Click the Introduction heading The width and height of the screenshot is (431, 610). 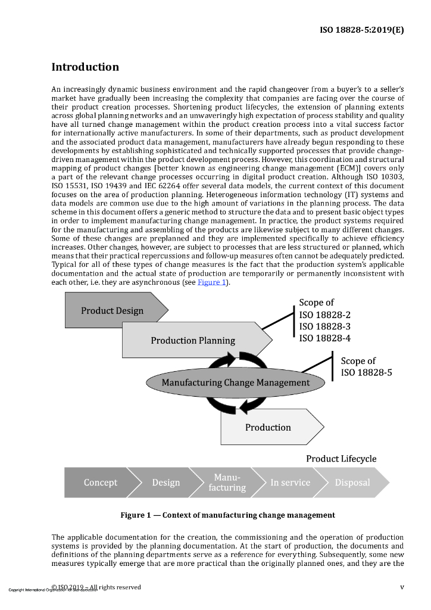click(85, 67)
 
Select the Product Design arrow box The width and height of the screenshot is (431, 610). click(113, 311)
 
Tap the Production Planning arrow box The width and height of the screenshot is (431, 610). click(193, 341)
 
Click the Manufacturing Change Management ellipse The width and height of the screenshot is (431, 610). click(228, 382)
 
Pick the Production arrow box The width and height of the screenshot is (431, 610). click(268, 427)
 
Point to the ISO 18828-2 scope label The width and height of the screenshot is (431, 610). click(324, 315)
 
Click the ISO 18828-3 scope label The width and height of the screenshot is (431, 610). click(324, 326)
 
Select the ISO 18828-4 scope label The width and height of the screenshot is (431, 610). click(324, 338)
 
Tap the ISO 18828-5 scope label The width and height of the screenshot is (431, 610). click(366, 373)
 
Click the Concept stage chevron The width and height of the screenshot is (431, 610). click(101, 483)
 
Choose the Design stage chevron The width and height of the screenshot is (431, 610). click(166, 483)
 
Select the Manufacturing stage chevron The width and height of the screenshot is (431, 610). click(227, 483)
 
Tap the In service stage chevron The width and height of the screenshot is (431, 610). click(290, 483)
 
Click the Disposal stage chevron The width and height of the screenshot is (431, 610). click(352, 483)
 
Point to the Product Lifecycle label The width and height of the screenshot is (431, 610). click(341, 459)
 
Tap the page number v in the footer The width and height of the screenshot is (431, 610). click(402, 587)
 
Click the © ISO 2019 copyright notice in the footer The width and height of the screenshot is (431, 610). click(96, 587)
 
